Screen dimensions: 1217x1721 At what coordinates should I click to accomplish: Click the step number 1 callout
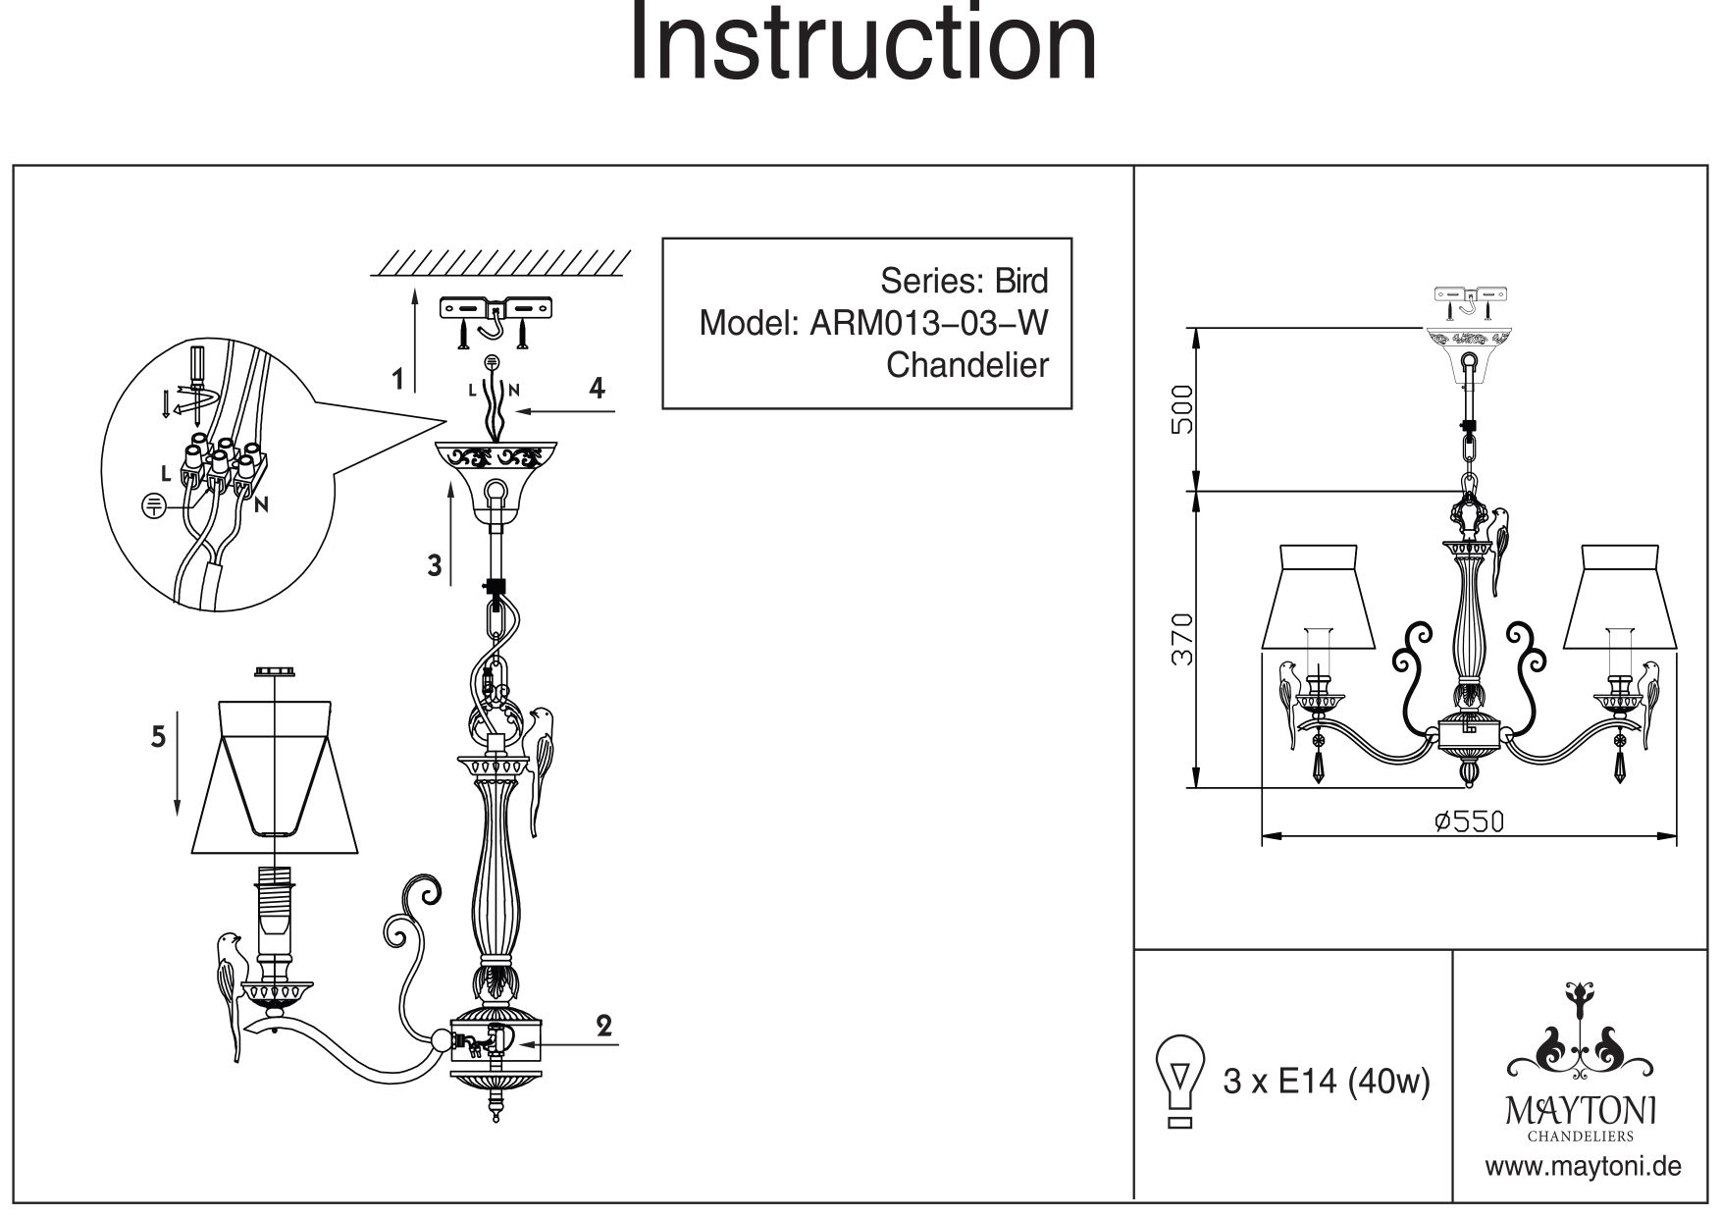397,379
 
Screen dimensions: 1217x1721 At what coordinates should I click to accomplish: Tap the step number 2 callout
604,1026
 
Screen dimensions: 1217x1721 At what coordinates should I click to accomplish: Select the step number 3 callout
435,565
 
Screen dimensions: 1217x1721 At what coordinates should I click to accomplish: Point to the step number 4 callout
596,388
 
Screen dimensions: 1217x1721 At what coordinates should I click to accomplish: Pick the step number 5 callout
158,736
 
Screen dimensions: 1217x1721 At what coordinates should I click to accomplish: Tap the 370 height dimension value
1184,639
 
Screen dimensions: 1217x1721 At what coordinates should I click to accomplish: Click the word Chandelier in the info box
966,365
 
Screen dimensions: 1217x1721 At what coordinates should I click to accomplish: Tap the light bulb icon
1181,1082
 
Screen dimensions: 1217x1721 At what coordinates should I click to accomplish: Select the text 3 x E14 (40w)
1327,1083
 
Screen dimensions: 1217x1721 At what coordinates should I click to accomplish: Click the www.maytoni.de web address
1584,1167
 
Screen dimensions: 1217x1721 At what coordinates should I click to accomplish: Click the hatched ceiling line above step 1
501,261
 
